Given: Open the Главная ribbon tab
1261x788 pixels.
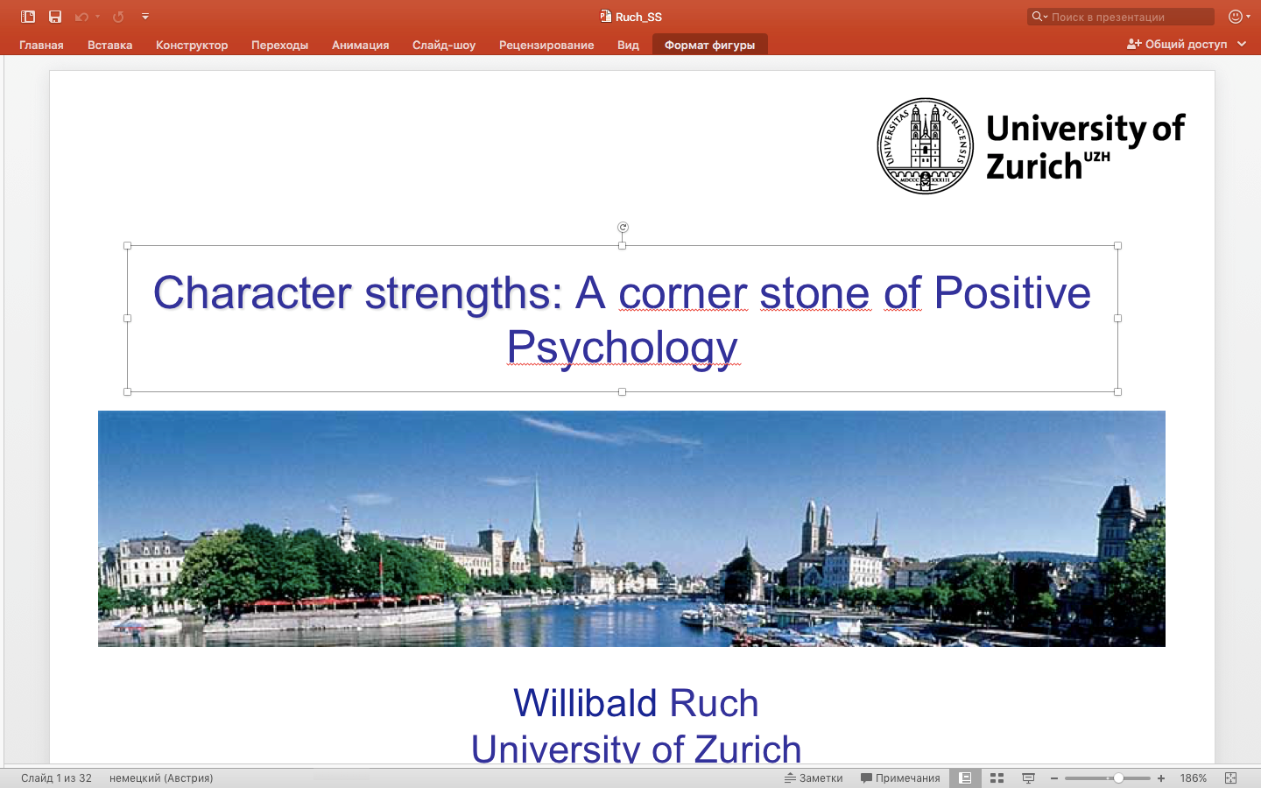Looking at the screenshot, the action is tap(41, 45).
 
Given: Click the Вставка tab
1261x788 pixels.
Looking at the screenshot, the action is tap(109, 45).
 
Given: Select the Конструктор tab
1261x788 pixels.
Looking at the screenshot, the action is tap(192, 45).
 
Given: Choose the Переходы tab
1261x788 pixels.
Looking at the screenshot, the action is tap(280, 45).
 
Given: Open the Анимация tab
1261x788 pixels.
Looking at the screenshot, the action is tap(360, 45).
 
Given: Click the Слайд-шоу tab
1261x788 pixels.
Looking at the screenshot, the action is tap(444, 45).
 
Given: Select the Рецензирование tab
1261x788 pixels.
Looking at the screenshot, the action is tap(546, 45).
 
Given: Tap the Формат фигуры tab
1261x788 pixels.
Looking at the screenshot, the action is tap(709, 45).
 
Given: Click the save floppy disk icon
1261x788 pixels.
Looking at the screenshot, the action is tap(54, 17).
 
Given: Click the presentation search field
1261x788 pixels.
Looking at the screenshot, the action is tap(1120, 17).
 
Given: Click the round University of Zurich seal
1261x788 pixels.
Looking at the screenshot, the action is tap(925, 145).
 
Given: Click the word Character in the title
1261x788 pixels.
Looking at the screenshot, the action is tap(252, 292).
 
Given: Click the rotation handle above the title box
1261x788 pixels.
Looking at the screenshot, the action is tap(623, 227).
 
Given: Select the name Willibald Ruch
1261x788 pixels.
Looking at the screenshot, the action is tap(636, 703).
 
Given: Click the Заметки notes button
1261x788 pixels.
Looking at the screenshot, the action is tap(814, 777).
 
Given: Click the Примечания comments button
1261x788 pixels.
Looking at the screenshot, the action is tap(900, 777).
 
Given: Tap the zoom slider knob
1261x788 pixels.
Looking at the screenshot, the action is tap(1118, 777).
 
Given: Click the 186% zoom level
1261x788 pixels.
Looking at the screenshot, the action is tap(1193, 777).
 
